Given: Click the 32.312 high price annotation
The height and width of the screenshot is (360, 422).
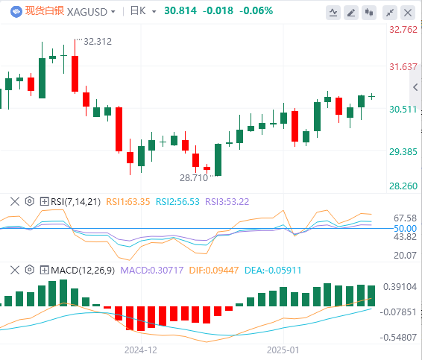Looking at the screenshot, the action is (x=98, y=42).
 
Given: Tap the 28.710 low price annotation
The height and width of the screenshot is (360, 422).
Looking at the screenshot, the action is (x=194, y=178).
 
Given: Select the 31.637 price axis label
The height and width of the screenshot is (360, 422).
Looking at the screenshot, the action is (x=403, y=67).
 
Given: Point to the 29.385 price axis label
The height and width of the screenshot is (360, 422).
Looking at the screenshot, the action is (x=403, y=152).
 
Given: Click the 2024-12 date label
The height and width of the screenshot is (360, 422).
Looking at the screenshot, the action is (x=140, y=350).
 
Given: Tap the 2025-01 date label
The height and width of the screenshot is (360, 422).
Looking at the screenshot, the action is (x=283, y=350).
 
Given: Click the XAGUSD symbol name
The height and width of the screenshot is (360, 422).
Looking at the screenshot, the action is (x=87, y=12).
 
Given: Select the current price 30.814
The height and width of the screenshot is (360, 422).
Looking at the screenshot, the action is (x=180, y=10).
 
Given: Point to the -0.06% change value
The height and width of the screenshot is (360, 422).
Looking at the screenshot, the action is (x=256, y=10).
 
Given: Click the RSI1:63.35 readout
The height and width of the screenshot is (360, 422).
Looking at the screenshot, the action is (x=127, y=201).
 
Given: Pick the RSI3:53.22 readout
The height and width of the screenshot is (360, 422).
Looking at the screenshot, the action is (x=227, y=201).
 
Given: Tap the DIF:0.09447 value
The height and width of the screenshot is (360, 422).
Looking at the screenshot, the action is (x=214, y=270).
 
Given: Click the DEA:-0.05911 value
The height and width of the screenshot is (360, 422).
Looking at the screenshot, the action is (x=273, y=270).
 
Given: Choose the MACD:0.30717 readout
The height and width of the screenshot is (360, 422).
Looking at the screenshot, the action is (x=152, y=270).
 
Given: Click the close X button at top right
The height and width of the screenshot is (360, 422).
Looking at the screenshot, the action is (x=408, y=13).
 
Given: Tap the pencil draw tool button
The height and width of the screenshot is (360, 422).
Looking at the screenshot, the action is (x=351, y=13).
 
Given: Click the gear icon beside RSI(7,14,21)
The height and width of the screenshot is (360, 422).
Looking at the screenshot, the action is (x=30, y=201).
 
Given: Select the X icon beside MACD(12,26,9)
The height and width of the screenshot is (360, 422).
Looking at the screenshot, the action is (x=15, y=270).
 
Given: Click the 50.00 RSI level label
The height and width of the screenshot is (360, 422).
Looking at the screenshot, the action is (x=405, y=228).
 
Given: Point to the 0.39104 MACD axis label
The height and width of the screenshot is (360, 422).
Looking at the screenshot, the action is (x=400, y=287).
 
